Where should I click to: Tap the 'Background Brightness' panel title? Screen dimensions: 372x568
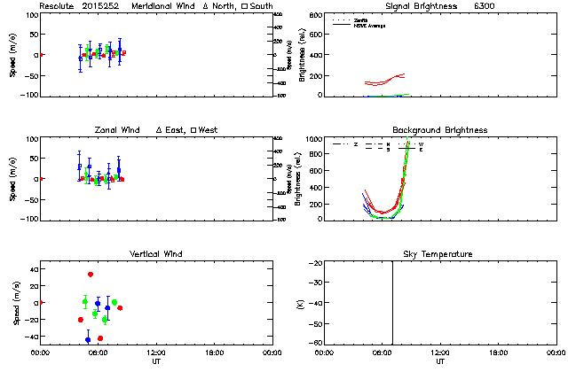pos(440,130)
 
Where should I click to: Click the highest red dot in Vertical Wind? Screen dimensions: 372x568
pos(91,275)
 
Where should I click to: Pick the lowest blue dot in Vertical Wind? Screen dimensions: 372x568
pos(88,340)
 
